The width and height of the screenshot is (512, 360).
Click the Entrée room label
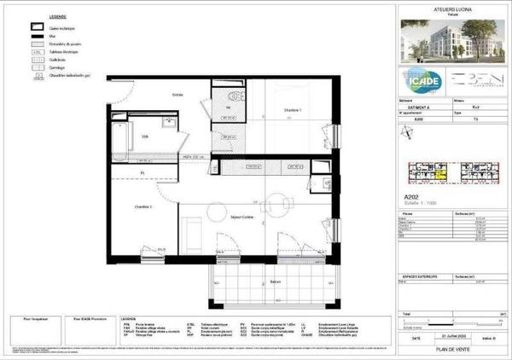click(x=178, y=94)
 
